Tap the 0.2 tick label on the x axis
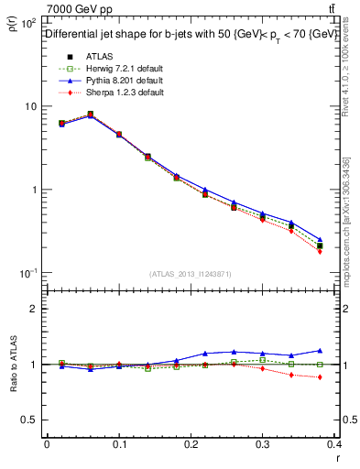click(191, 444)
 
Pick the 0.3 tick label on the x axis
click(264, 444)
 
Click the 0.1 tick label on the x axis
click(119, 444)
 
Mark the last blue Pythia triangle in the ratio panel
click(321, 350)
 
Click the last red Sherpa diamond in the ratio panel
click(321, 377)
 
